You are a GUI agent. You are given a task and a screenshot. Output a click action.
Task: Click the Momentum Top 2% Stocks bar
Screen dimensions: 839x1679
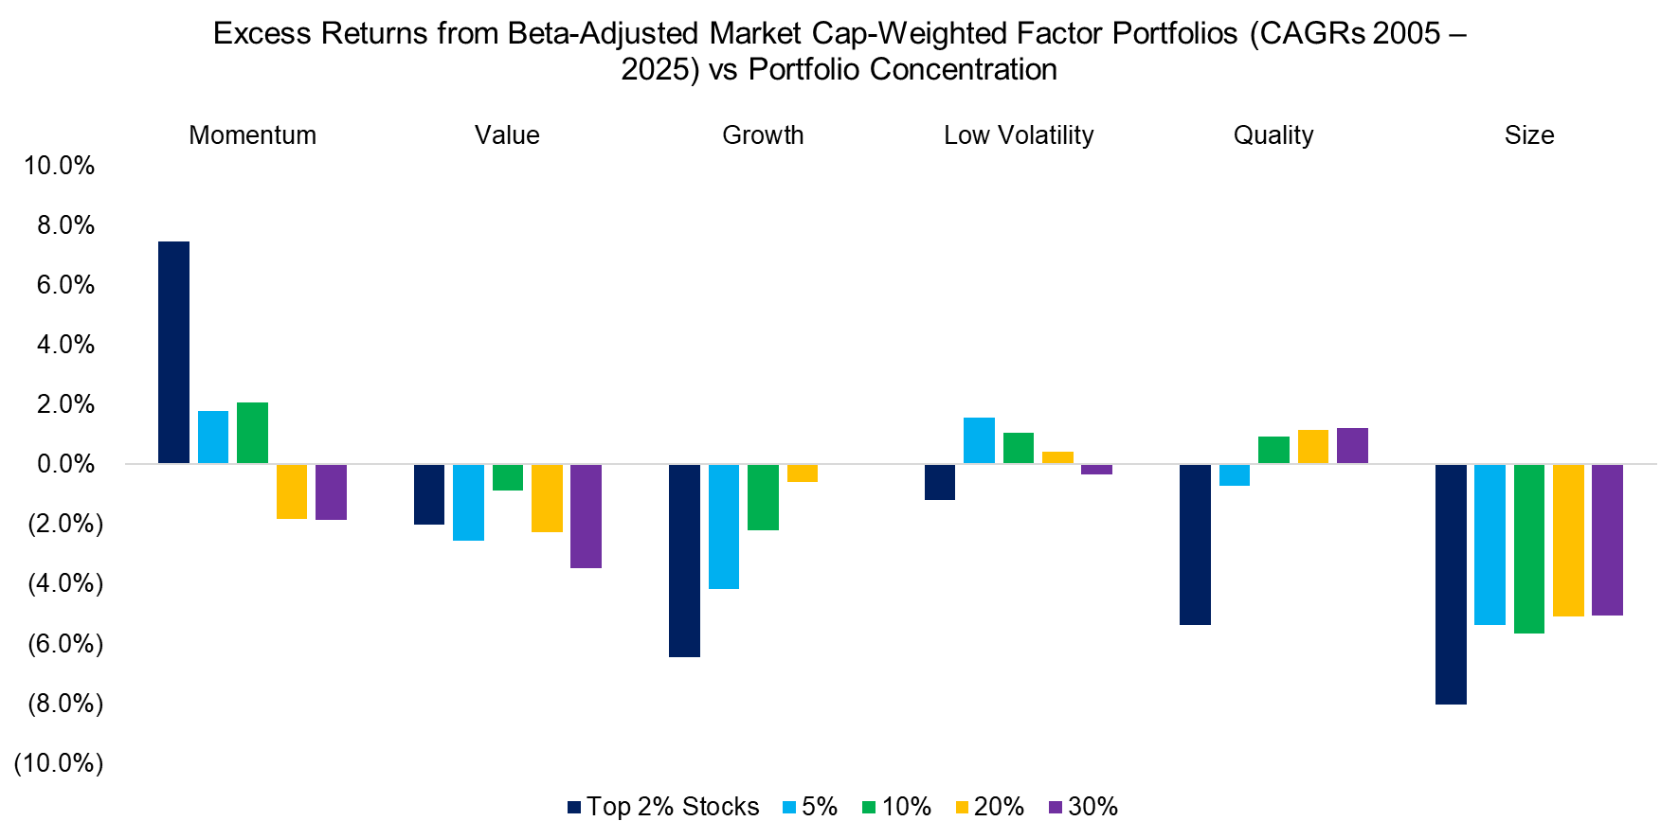pyautogui.click(x=173, y=352)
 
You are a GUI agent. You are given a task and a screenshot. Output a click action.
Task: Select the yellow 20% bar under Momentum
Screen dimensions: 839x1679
pyautogui.click(x=292, y=491)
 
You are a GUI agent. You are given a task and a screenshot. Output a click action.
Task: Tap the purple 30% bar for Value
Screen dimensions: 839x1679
pyautogui.click(x=586, y=516)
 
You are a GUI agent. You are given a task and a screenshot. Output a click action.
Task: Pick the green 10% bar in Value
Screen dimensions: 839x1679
pyautogui.click(x=508, y=477)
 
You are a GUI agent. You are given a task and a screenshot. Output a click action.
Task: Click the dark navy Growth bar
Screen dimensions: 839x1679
pyautogui.click(x=684, y=560)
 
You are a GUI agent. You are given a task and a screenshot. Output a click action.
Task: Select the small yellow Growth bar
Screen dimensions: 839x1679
pyautogui.click(x=803, y=473)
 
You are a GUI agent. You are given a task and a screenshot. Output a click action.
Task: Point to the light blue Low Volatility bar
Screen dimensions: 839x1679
pyautogui.click(x=979, y=440)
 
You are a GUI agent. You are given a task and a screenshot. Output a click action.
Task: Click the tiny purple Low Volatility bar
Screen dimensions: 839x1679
pyautogui.click(x=1096, y=470)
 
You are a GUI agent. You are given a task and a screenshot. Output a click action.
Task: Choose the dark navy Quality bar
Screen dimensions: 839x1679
pyautogui.click(x=1195, y=544)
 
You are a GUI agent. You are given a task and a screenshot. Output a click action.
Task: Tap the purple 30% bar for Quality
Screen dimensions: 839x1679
pyautogui.click(x=1352, y=446)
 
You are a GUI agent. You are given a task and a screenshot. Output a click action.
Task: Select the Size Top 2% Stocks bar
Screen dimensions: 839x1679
pyautogui.click(x=1451, y=584)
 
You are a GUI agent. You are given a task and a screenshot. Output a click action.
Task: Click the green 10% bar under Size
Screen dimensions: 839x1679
pyautogui.click(x=1529, y=549)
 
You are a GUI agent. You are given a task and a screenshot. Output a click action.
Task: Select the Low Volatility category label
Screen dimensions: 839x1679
pyautogui.click(x=1019, y=135)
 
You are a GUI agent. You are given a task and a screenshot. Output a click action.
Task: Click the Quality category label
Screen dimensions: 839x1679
pyautogui.click(x=1273, y=135)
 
